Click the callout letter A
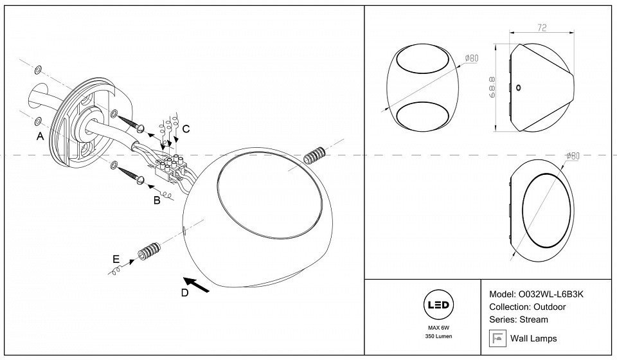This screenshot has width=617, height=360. point(40,136)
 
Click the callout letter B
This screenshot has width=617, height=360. point(156,201)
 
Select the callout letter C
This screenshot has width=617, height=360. point(185,129)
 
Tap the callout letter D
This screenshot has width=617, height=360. point(185,293)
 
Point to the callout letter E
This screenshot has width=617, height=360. point(116,259)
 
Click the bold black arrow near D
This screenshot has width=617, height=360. point(197,285)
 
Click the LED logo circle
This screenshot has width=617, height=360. point(437,305)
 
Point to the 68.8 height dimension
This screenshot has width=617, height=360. point(492,87)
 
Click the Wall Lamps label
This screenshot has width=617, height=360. point(533,338)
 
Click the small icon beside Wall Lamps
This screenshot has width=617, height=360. point(497,337)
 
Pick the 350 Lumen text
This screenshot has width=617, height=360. point(437,336)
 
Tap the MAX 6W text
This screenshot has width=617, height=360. point(437,327)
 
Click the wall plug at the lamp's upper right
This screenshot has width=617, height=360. point(315,156)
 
